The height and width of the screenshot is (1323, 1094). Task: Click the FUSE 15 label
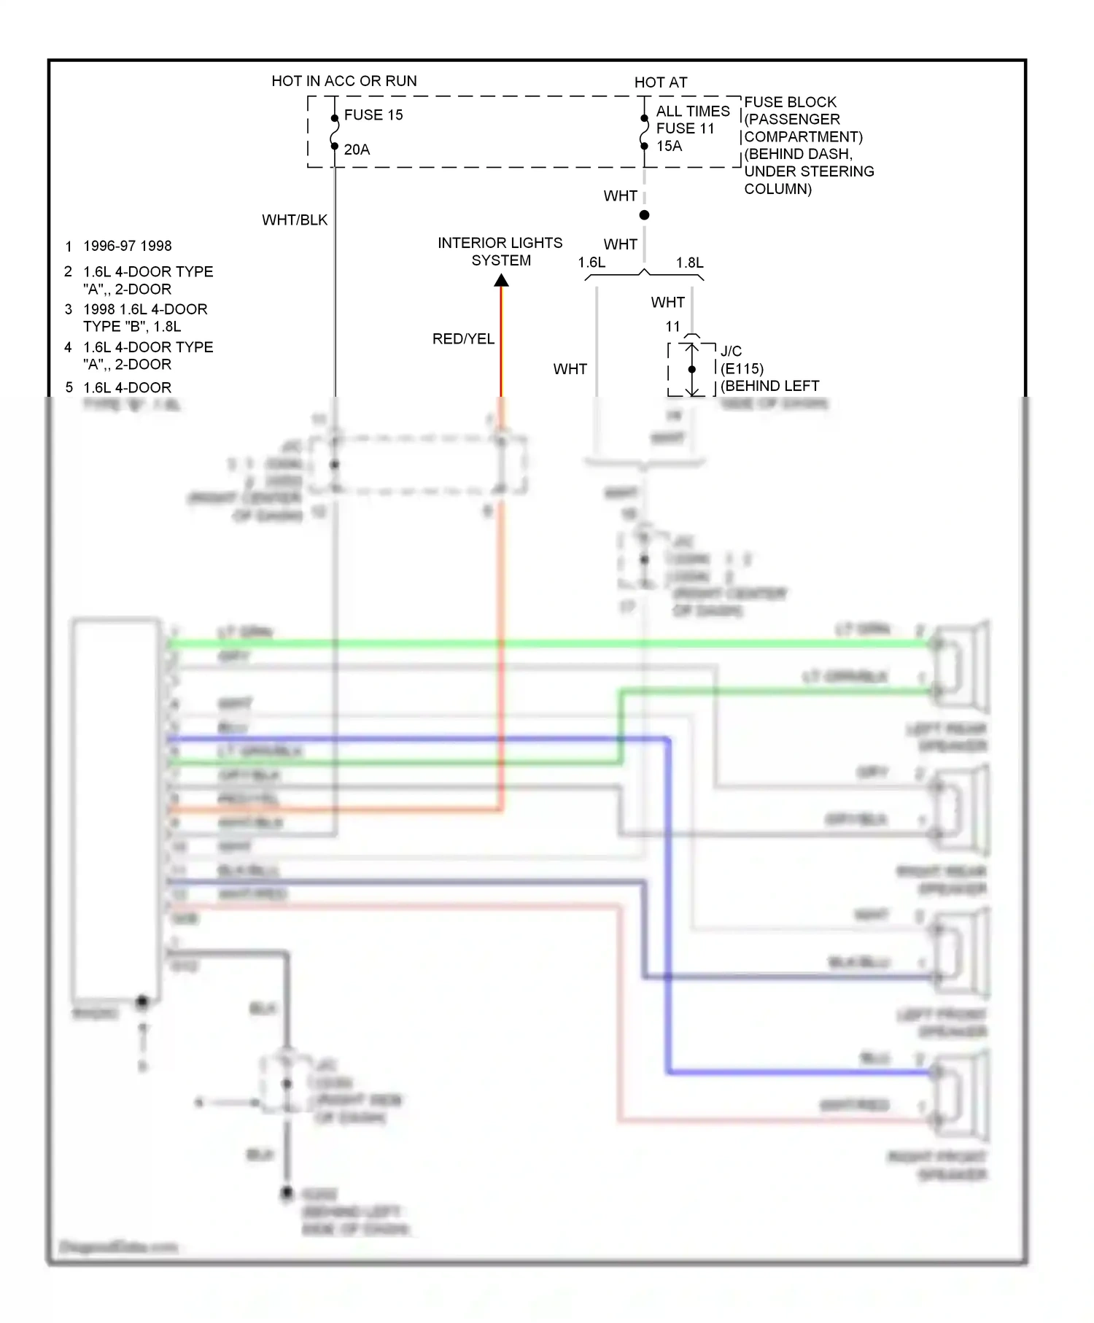pos(373,115)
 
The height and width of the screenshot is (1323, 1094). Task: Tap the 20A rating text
pos(357,150)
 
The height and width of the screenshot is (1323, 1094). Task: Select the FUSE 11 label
pos(685,128)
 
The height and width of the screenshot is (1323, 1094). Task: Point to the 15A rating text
pos(669,146)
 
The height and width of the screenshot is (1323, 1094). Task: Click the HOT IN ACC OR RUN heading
pos(344,81)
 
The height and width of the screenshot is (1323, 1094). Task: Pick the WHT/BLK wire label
pos(295,220)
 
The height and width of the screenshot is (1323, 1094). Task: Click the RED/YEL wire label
pos(463,339)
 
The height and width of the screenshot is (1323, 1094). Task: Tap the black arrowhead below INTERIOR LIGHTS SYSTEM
pos(501,281)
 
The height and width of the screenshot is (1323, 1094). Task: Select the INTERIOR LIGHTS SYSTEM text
pos(500,252)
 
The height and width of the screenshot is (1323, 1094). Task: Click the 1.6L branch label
pos(591,263)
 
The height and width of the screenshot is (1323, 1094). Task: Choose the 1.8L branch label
pos(689,263)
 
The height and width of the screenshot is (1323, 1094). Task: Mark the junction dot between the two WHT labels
pos(644,215)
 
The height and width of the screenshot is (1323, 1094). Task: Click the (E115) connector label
pos(742,369)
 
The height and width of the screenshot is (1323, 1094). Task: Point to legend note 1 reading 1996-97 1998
pos(127,246)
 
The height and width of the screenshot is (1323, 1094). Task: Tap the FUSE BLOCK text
pos(790,102)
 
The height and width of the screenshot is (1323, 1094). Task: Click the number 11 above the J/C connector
pos(672,327)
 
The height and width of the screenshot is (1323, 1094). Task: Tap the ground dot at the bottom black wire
pos(287,1193)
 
